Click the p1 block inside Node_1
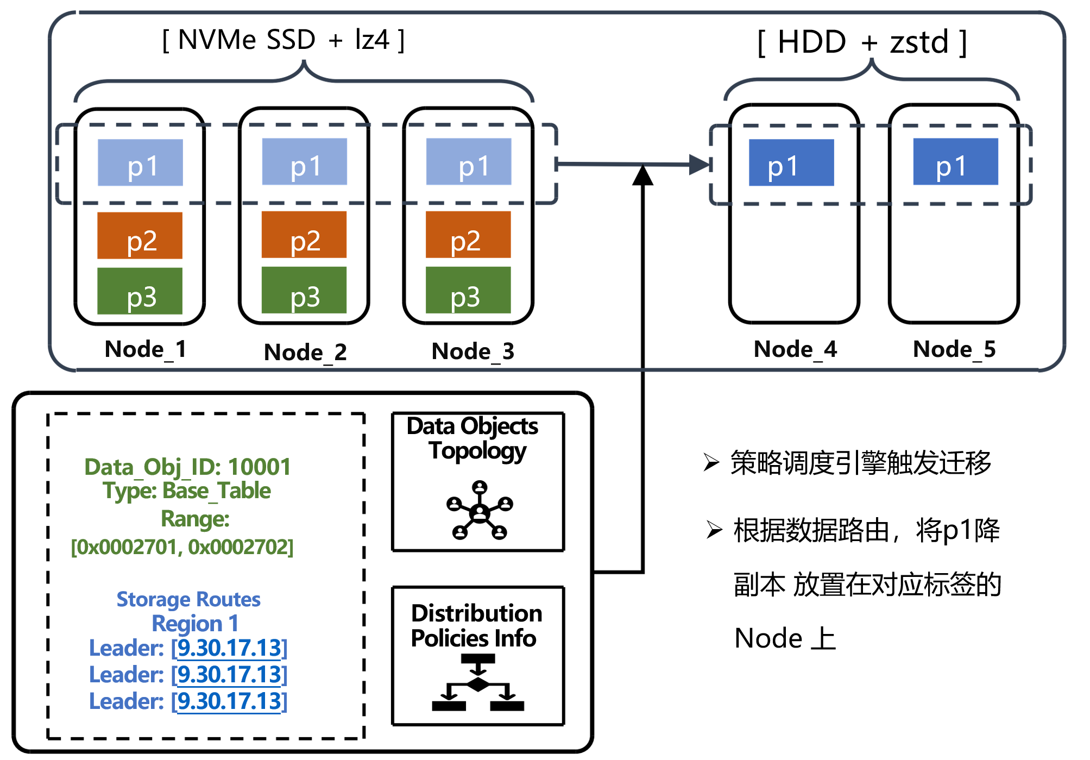[x=140, y=162]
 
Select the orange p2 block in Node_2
[x=304, y=235]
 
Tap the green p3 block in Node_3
[x=468, y=290]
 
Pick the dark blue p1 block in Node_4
[x=791, y=162]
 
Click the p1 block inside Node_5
[x=955, y=161]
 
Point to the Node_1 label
[x=146, y=349]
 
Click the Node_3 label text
[x=472, y=351]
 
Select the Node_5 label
[x=954, y=349]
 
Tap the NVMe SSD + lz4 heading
[x=283, y=40]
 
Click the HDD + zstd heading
[x=862, y=42]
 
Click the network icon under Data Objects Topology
[x=480, y=510]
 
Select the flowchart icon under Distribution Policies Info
[x=478, y=683]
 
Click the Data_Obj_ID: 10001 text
[x=187, y=467]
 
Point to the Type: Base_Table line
[x=187, y=491]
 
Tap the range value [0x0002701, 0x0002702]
[x=182, y=547]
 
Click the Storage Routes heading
[x=188, y=599]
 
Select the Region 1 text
[x=195, y=623]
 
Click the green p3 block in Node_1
[x=140, y=291]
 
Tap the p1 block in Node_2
[x=304, y=161]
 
